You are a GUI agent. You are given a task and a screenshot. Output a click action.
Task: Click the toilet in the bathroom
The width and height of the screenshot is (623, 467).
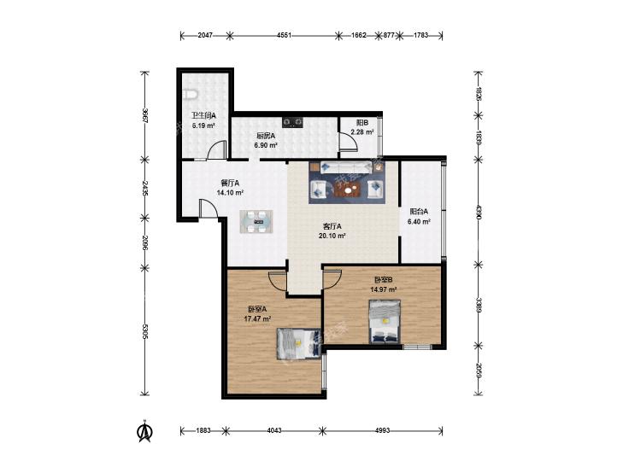coord(191,96)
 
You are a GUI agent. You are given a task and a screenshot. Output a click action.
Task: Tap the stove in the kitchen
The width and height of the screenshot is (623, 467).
coord(293,122)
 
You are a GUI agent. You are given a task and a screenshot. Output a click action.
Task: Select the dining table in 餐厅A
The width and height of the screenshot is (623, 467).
coord(256,221)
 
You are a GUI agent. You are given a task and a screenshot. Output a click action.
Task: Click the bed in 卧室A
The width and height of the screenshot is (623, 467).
coord(298,343)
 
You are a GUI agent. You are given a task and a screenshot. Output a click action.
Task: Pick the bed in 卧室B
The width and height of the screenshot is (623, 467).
coord(385,322)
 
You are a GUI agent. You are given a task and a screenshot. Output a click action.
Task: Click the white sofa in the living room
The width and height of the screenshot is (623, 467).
coord(345,167)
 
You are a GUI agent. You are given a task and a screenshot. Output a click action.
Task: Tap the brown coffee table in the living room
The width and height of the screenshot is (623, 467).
coord(349,190)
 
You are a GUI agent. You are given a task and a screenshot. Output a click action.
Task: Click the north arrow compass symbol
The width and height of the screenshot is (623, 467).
coord(144,431)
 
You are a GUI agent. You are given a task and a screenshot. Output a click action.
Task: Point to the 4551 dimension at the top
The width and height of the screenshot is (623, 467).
coord(284,35)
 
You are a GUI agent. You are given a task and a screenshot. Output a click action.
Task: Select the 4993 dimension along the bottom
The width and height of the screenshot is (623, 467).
coord(382,430)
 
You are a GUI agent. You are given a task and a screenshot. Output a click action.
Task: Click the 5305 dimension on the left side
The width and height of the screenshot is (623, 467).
coord(145,332)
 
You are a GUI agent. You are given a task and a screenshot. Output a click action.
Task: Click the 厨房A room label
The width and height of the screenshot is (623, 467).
coord(266,135)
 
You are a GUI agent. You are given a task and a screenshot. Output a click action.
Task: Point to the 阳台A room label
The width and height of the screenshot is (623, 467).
coord(419,212)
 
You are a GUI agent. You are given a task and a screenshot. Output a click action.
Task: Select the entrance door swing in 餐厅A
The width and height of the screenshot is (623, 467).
coord(208,208)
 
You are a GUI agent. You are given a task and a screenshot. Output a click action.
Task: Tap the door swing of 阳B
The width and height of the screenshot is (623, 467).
coord(348,142)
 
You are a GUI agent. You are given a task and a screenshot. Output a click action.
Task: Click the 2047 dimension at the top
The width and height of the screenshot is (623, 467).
coord(205,35)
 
